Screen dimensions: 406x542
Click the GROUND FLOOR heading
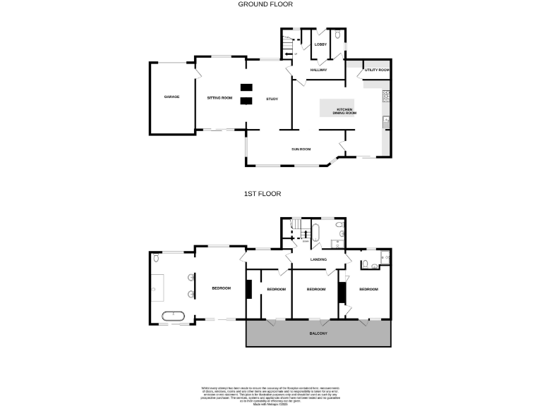pos(265,4)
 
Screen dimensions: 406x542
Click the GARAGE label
pos(171,97)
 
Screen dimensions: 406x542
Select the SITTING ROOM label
pos(219,97)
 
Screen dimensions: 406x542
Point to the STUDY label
pos(272,99)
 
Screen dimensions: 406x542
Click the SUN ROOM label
pos(301,149)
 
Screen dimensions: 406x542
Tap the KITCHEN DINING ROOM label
pos(345,111)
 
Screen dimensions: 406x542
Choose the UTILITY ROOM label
pos(377,70)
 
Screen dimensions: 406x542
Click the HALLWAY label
pos(318,70)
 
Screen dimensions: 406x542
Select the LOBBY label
pos(320,45)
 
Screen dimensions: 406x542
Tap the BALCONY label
pos(318,333)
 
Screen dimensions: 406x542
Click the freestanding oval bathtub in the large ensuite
pos(173,316)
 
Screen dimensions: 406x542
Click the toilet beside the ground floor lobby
pos(337,34)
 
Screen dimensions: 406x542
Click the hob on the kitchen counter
pos(385,95)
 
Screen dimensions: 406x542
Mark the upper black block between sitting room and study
pos(246,87)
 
